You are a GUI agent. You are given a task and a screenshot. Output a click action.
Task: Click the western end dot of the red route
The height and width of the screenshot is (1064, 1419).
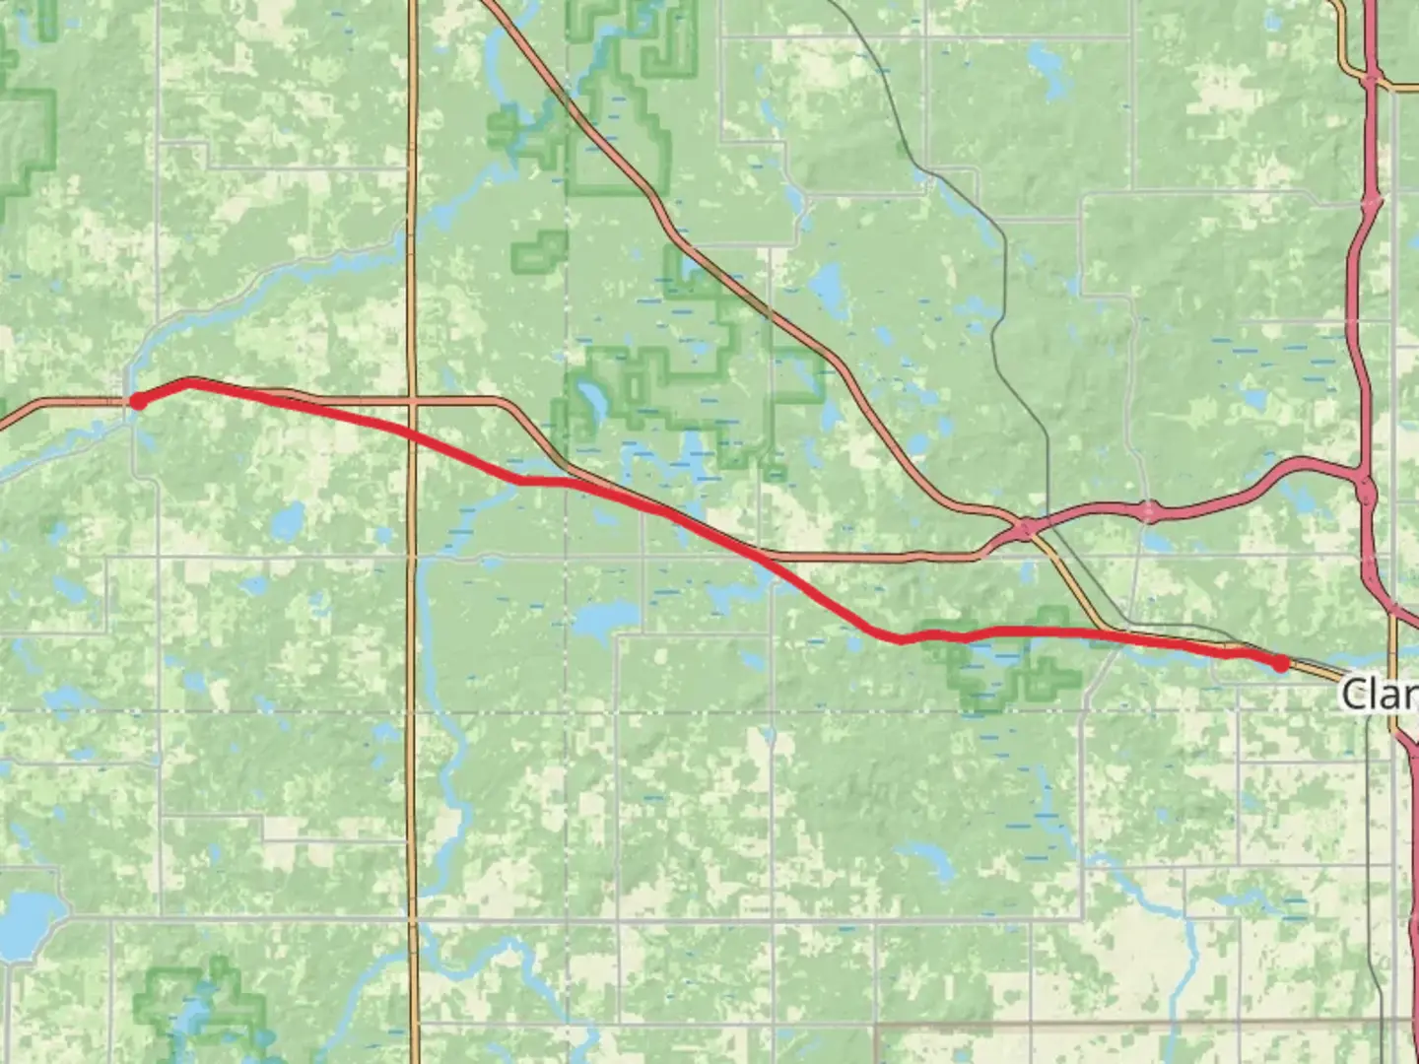pos(139,401)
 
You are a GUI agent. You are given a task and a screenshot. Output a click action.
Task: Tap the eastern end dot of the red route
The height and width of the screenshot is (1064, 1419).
pos(1280,664)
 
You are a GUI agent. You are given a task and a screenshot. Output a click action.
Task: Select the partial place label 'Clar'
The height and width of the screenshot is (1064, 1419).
pos(1380,695)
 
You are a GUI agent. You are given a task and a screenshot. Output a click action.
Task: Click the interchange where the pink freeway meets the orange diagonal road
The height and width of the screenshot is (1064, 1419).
pos(1026,529)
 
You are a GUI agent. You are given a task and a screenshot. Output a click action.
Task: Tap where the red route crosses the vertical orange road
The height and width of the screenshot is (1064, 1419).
pos(412,434)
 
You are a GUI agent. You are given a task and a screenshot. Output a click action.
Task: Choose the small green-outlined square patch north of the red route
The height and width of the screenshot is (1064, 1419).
pos(539,252)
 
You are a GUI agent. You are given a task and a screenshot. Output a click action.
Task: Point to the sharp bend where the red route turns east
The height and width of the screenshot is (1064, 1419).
pos(899,639)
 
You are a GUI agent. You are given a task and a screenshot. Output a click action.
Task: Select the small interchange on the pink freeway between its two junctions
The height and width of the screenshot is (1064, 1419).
pos(1149,510)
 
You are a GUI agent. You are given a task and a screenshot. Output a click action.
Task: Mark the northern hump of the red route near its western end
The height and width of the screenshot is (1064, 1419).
pos(189,380)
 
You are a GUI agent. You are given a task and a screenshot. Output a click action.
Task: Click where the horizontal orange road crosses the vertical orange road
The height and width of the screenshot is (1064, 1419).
pos(412,401)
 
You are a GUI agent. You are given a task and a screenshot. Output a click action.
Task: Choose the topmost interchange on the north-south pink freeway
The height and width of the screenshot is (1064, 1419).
pos(1372,77)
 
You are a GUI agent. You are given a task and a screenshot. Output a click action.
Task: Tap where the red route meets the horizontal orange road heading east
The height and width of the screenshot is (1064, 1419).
pos(764,558)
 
